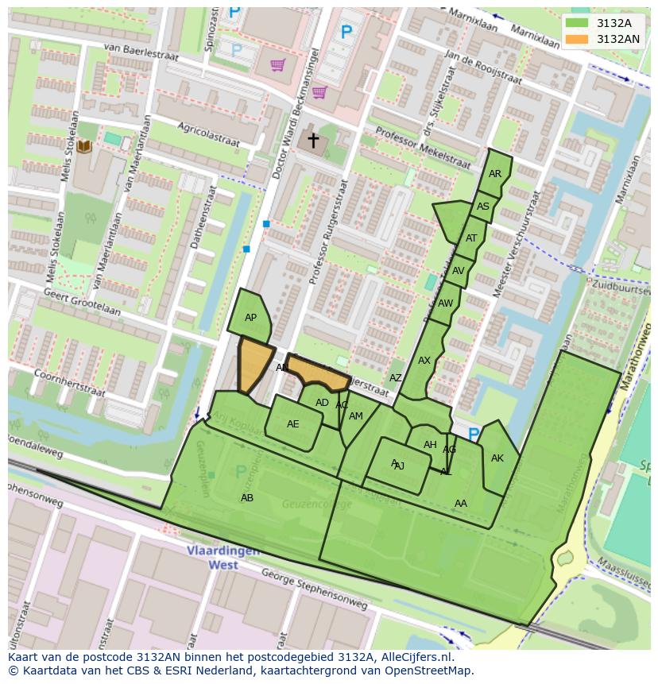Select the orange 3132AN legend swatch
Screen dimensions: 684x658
(x=578, y=39)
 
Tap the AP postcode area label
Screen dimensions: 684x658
(x=250, y=318)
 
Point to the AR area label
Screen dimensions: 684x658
(x=495, y=174)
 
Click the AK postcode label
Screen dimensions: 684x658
(x=497, y=458)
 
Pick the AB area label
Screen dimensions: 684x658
(x=247, y=498)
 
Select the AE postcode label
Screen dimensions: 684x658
(x=293, y=424)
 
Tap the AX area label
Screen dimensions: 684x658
(x=424, y=361)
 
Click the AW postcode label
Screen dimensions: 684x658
(x=445, y=303)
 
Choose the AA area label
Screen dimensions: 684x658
(x=461, y=504)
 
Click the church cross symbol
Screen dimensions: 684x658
(x=313, y=141)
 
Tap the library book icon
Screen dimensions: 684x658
(x=84, y=146)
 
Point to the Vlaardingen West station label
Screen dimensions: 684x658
(x=212, y=558)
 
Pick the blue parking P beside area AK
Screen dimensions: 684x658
(x=474, y=435)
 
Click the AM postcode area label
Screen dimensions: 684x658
(x=356, y=416)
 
